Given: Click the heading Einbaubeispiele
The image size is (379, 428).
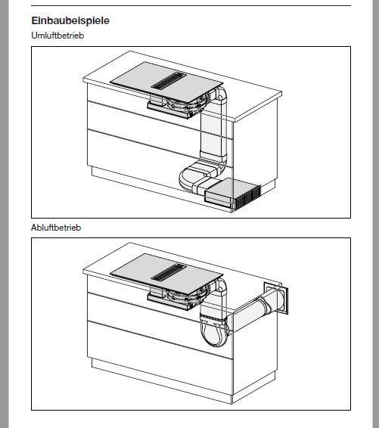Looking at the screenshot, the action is coord(70,20).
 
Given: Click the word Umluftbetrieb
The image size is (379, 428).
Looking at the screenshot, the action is coord(57,36).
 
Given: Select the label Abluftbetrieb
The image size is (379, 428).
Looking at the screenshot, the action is coord(56,228).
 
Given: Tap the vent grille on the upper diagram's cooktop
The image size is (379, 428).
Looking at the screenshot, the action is coord(169,81).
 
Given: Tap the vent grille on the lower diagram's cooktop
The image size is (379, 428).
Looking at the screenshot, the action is coord(169,272).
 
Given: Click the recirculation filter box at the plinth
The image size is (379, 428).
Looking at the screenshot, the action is coord(233,194).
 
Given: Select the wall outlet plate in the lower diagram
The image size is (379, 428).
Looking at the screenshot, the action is coord(276,298).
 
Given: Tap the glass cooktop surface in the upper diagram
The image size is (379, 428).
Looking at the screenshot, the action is coord(166,82).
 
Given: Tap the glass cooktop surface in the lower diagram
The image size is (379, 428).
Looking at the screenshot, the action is coord(166,273).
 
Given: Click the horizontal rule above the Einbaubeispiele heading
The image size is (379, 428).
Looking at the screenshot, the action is coord(191,6).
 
